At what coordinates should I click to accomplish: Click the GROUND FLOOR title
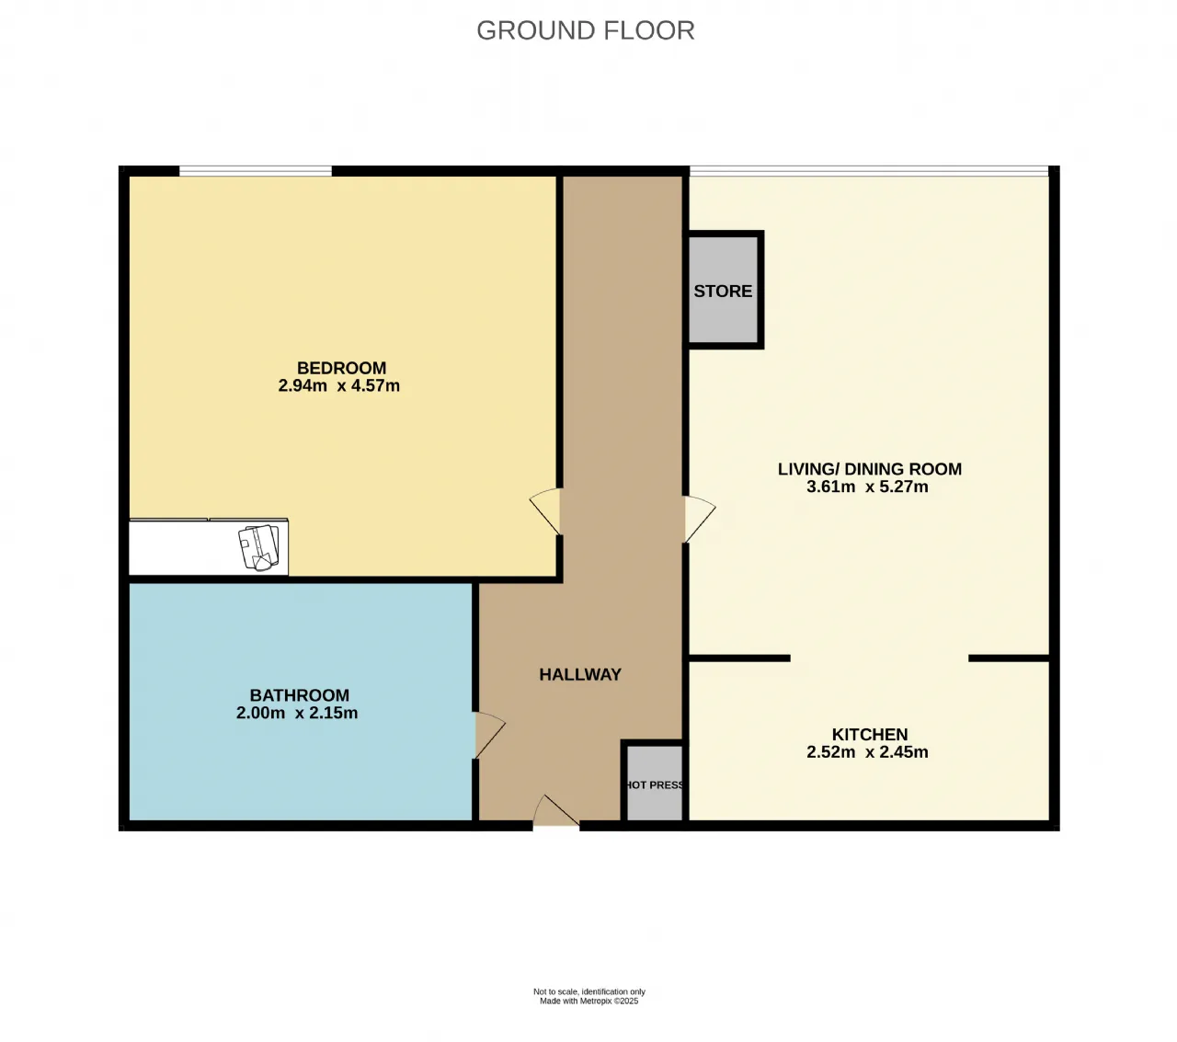pos(586,30)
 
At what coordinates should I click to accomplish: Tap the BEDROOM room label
pos(341,368)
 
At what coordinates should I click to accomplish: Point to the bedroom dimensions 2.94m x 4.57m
pos(338,386)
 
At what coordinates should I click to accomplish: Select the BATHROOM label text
pos(299,695)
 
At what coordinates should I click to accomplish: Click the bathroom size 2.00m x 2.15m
pos(297,713)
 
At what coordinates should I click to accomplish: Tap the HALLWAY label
pos(580,674)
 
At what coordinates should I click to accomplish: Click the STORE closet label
pos(723,292)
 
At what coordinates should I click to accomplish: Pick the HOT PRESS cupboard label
pos(655,785)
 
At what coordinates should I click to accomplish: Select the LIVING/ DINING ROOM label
pos(870,469)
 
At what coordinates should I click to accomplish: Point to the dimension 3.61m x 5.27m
pos(867,487)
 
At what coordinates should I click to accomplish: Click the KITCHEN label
pos(870,735)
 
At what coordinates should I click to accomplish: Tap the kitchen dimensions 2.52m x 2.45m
pos(867,752)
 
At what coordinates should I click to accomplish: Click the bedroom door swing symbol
pos(546,510)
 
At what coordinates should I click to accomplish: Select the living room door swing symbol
pos(700,519)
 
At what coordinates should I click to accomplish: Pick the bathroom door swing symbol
pos(490,735)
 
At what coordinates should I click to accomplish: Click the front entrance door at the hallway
pos(556,811)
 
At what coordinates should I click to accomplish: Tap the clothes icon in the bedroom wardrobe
pos(259,547)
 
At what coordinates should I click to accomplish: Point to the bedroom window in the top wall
pos(256,171)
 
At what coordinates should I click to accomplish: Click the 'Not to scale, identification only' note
pos(589,992)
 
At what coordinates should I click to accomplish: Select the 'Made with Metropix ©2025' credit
pos(589,1002)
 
